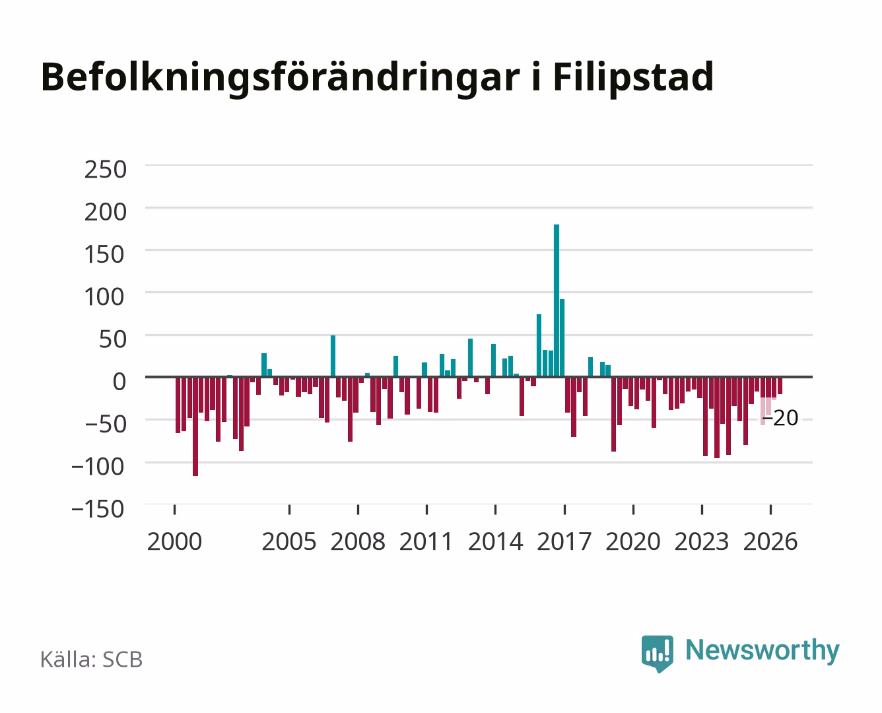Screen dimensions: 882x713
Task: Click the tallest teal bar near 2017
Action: coord(556,300)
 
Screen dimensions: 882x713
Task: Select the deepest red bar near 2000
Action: coord(195,426)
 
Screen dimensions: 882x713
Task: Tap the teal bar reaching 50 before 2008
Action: coord(333,356)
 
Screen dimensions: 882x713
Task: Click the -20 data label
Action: coord(780,418)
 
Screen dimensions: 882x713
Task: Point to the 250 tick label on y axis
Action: coord(105,170)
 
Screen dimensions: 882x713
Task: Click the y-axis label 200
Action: coord(105,212)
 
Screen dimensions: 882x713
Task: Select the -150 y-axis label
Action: coord(98,509)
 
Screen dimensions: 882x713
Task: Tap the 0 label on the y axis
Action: coord(119,382)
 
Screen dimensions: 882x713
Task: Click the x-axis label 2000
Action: coord(174,541)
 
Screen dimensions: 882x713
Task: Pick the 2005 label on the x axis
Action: coord(289,541)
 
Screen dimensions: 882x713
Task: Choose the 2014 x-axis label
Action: coord(495,541)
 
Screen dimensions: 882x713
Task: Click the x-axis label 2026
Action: coord(770,541)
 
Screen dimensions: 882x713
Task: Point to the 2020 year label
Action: coord(632,541)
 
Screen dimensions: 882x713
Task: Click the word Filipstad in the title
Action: coord(634,77)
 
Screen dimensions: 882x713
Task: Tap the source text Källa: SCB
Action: coord(92,659)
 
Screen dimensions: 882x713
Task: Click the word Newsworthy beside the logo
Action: coord(763,651)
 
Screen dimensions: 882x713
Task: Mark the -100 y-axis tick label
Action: coord(98,467)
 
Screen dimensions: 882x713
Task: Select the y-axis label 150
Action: coord(104,254)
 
